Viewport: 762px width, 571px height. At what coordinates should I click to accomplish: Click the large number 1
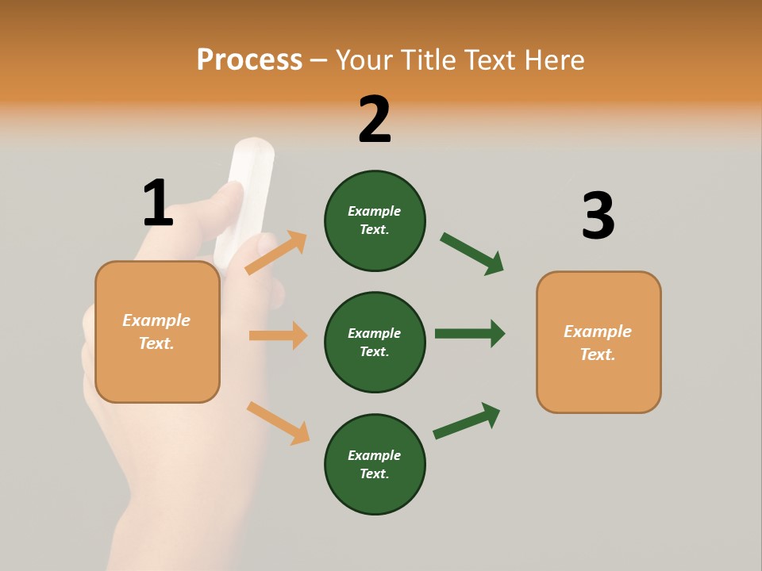(158, 203)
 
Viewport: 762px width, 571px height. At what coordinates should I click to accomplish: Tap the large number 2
(375, 120)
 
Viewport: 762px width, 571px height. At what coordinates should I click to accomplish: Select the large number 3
(598, 217)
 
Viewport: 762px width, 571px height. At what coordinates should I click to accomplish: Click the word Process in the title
(249, 59)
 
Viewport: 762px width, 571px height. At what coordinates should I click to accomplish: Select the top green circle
(375, 220)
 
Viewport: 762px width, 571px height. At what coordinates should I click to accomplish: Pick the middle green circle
(375, 342)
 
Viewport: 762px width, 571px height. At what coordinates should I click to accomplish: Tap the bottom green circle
(375, 464)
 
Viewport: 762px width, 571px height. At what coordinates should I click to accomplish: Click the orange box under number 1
(157, 331)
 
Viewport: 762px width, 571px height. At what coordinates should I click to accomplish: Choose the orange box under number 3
(598, 343)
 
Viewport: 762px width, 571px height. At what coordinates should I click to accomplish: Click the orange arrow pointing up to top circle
(275, 253)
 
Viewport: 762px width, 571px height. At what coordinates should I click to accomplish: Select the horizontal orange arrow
(278, 335)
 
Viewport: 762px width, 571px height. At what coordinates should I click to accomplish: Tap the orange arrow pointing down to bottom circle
(278, 423)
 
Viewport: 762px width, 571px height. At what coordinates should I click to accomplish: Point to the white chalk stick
(250, 190)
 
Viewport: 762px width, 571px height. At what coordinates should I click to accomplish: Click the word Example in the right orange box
(598, 331)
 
